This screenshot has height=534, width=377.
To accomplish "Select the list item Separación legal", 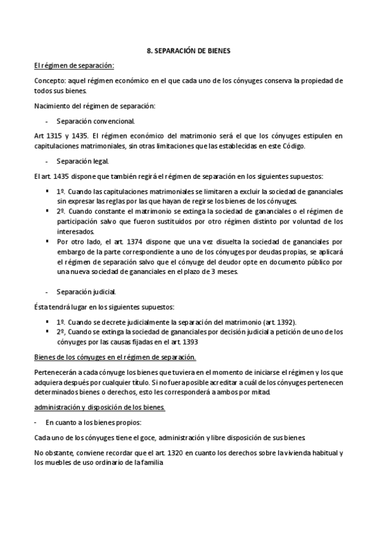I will [82, 161].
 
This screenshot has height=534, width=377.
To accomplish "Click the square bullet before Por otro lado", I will [48, 240].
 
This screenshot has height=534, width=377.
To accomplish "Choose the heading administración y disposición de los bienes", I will [99, 407].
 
